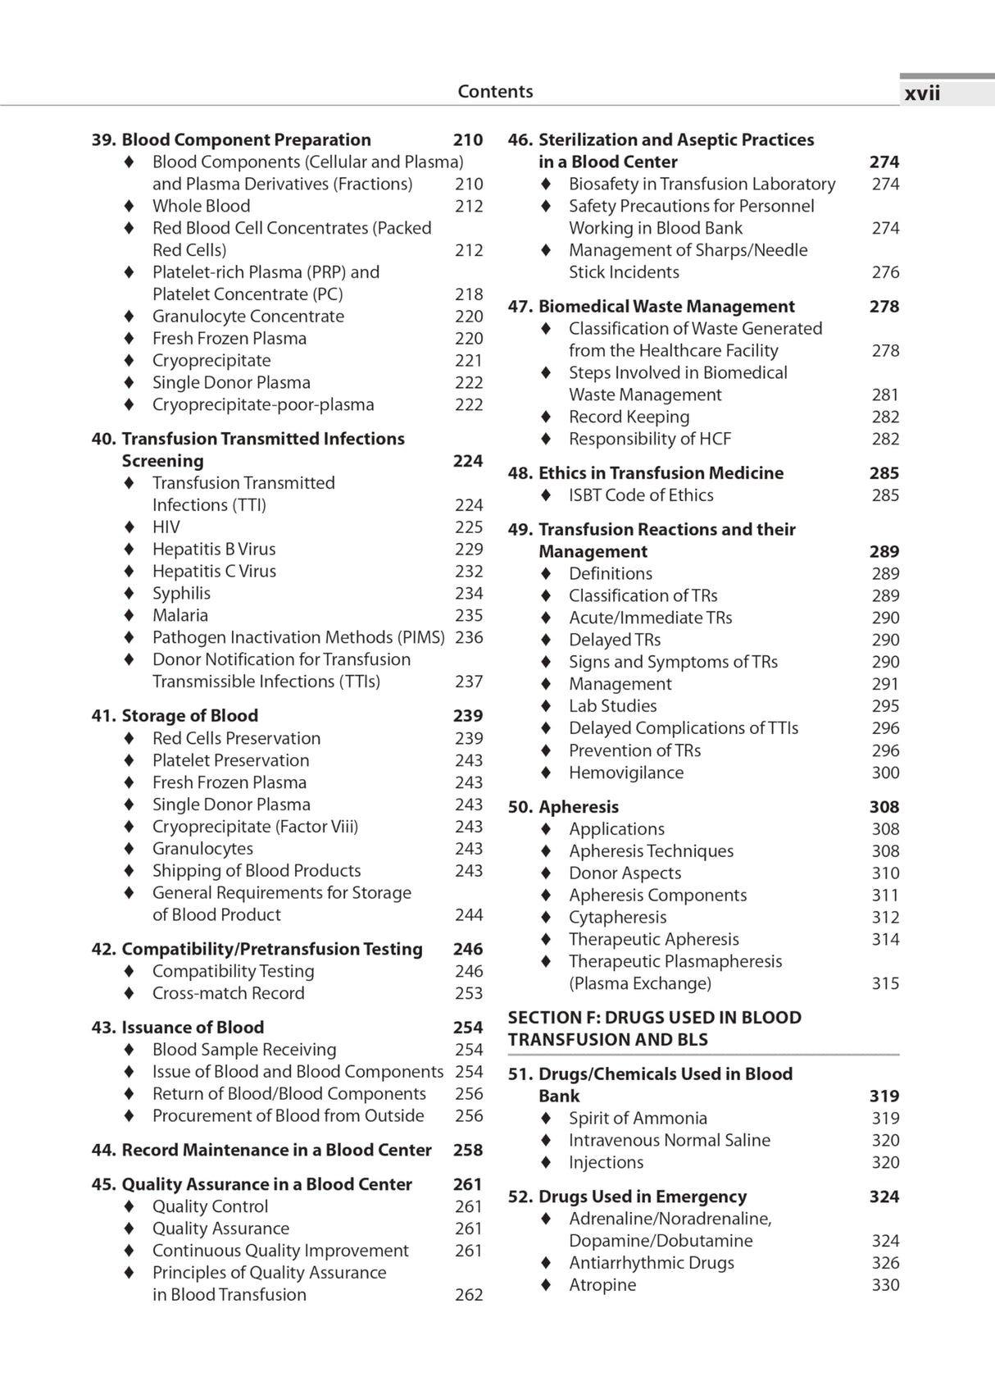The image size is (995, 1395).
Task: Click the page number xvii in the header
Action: click(x=922, y=93)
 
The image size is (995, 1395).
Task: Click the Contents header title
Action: click(x=495, y=92)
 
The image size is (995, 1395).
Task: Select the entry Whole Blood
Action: click(x=201, y=207)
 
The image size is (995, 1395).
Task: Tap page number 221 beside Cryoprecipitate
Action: click(x=469, y=361)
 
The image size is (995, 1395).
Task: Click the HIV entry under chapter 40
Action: click(x=166, y=527)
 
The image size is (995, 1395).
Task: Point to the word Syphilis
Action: click(x=181, y=594)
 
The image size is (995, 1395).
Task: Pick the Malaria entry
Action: click(x=179, y=616)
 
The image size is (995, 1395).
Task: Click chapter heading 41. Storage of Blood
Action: click(x=175, y=716)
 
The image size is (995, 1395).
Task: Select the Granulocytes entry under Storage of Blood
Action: click(x=202, y=849)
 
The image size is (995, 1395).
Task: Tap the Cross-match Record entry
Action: click(x=228, y=993)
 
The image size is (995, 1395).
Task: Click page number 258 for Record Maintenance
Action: click(x=468, y=1151)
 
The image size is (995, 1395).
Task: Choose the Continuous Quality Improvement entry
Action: click(x=280, y=1251)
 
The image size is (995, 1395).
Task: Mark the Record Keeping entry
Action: click(x=629, y=417)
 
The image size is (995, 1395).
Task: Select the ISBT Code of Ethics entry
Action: click(x=641, y=495)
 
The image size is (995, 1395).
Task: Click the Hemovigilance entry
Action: click(x=625, y=773)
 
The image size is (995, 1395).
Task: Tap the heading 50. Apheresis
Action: click(x=563, y=807)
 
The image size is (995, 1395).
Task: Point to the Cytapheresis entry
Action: click(x=617, y=918)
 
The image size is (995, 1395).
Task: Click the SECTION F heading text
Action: click(x=654, y=1028)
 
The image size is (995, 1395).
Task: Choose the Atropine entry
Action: click(x=602, y=1285)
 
